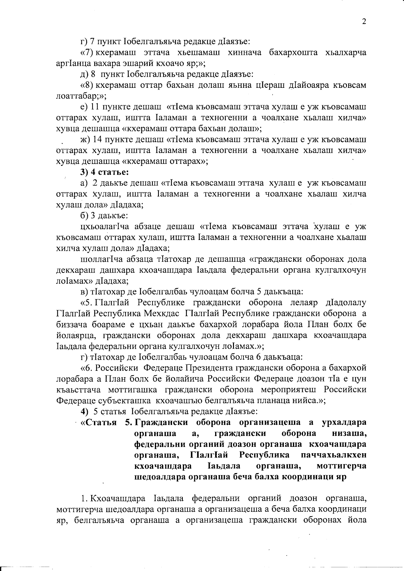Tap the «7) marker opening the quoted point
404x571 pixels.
click(x=87, y=53)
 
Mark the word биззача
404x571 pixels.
click(x=70, y=324)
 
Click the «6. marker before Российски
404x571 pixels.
click(x=87, y=368)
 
